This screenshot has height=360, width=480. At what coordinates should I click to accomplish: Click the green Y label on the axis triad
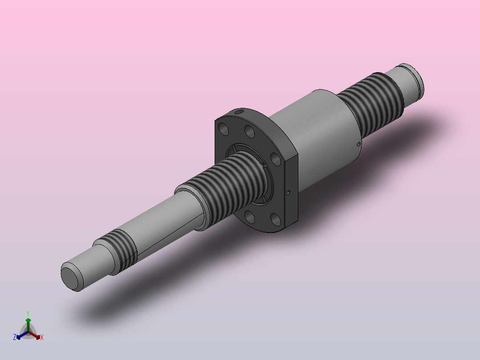click(28, 313)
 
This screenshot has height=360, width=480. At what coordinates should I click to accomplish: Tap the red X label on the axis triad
click(42, 337)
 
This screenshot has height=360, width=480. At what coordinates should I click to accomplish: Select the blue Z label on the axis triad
click(15, 337)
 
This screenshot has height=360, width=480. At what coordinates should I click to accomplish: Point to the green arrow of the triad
click(28, 324)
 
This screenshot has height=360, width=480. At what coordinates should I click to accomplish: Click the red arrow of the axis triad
click(35, 335)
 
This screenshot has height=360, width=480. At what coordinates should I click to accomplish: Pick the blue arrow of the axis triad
click(22, 335)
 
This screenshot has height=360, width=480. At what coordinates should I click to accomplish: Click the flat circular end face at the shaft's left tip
click(70, 278)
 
